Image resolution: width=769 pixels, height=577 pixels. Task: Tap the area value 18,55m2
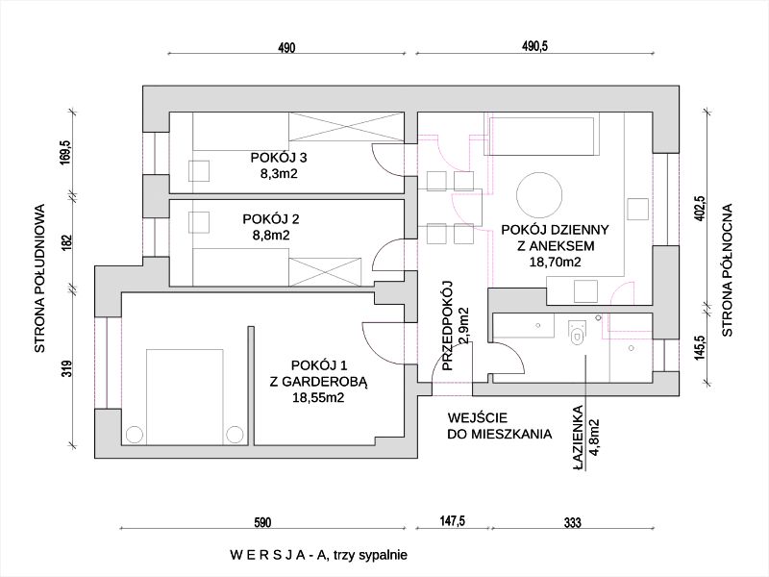click(318, 396)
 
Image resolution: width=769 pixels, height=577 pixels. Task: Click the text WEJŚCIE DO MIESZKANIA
click(499, 426)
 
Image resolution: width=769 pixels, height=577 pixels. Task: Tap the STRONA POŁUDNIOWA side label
click(40, 278)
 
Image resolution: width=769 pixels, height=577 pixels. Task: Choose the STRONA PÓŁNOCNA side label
click(728, 269)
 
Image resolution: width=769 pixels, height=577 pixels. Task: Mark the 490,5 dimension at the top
click(534, 47)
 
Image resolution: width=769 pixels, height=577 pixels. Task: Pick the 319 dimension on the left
click(66, 369)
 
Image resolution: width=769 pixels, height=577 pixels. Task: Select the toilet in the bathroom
click(577, 332)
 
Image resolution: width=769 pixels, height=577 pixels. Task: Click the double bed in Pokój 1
click(184, 394)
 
